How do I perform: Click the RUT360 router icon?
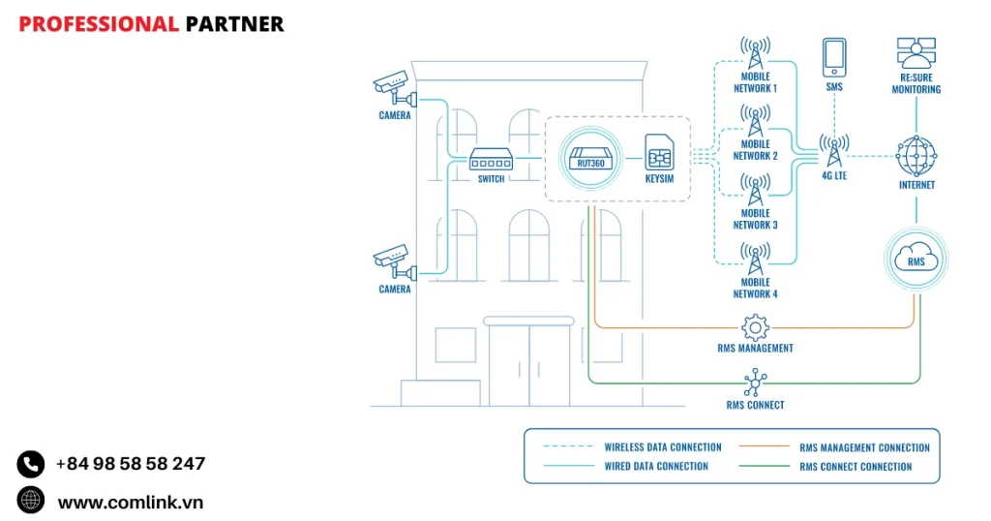pos(589,156)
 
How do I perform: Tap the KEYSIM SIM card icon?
pos(659,153)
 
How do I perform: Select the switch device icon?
pos(491,158)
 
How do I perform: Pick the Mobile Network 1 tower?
pos(755,50)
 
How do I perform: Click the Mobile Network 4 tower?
pos(755,257)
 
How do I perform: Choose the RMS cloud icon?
pos(916,259)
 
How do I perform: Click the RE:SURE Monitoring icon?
pos(916,56)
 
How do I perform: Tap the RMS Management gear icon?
pos(755,327)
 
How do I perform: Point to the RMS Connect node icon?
pos(755,383)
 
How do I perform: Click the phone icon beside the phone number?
pos(31,464)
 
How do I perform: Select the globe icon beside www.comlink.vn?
pos(31,501)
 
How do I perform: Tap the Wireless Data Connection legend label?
pos(663,447)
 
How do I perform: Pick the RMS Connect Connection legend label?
pos(856,467)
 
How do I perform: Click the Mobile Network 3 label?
pos(755,219)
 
